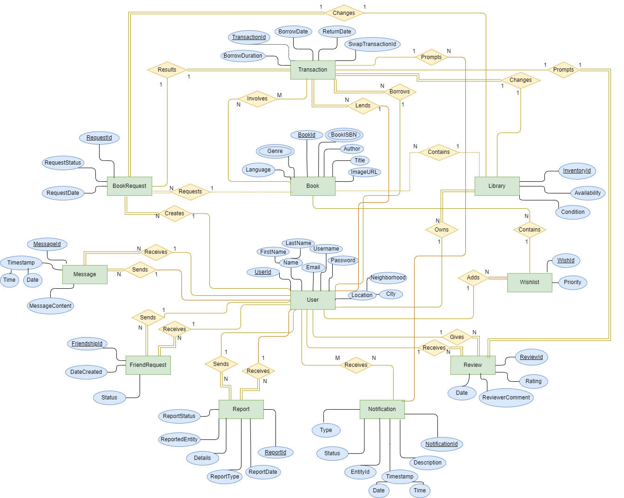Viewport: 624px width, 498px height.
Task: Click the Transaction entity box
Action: (x=313, y=70)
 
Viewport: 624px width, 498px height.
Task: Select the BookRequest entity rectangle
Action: (x=129, y=186)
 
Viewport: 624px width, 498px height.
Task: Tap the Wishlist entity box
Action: (x=530, y=282)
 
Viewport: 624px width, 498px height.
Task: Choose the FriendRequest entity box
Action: (x=148, y=365)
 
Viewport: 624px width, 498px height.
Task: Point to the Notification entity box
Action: (x=382, y=409)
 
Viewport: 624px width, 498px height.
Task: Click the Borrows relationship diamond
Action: (x=400, y=92)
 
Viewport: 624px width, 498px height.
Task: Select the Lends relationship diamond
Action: (x=363, y=106)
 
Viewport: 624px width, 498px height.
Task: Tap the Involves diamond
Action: (x=257, y=99)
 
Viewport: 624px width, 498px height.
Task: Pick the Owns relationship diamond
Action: (x=442, y=230)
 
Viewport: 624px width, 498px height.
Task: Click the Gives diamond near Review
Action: (x=457, y=337)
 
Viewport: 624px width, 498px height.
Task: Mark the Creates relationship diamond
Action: (x=174, y=213)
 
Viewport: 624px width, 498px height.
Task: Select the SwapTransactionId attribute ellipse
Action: (x=372, y=44)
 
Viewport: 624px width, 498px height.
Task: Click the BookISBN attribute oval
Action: (x=344, y=135)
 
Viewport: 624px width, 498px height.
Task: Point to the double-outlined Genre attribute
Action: (x=275, y=151)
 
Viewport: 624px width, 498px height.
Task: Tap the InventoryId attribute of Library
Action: (x=577, y=171)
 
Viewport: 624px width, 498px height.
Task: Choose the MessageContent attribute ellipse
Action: (x=50, y=306)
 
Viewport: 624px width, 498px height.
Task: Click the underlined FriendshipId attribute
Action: (x=87, y=344)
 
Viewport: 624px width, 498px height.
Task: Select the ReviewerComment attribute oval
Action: (x=506, y=398)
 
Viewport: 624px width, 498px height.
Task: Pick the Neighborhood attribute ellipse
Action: (x=388, y=278)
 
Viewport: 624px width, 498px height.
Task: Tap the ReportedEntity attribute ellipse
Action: (x=179, y=439)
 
